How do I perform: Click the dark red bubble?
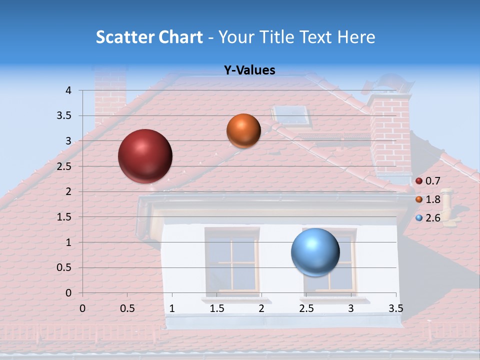point(145,156)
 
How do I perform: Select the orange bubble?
point(243,130)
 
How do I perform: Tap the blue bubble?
point(315,252)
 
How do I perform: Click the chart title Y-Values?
point(249,70)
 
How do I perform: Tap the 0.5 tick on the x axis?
point(127,308)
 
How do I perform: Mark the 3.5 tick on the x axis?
point(395,308)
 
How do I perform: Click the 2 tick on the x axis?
point(261,308)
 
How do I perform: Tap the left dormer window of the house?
point(231,260)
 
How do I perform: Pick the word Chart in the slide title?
point(181,37)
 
